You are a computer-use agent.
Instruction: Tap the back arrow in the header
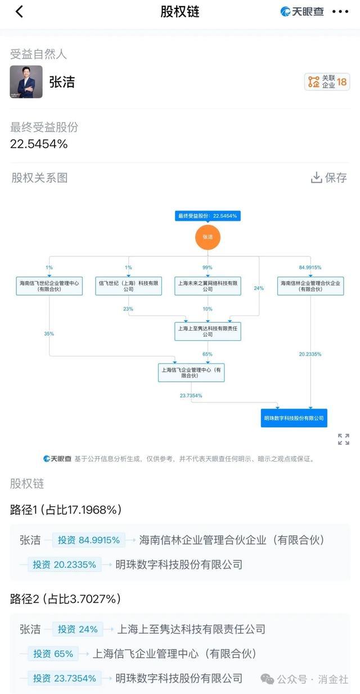(19, 12)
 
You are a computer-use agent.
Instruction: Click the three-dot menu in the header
(340, 12)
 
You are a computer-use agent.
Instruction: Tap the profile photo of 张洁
(26, 82)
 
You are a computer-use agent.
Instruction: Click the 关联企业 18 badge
(327, 82)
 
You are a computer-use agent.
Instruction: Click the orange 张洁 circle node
(208, 237)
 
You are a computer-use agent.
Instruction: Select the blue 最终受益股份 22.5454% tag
(208, 216)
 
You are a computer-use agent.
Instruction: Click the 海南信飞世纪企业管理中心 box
(49, 286)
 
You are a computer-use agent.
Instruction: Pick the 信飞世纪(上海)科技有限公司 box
(128, 286)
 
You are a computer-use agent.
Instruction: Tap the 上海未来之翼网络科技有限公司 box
(208, 286)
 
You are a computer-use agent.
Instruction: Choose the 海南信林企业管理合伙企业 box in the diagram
(310, 286)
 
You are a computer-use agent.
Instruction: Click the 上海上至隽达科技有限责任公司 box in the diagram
(208, 331)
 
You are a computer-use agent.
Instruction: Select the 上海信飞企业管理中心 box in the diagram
(191, 373)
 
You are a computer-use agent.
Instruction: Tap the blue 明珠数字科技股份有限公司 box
(294, 418)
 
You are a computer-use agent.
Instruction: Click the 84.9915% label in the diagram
(310, 268)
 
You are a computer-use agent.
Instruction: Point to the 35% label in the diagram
(49, 334)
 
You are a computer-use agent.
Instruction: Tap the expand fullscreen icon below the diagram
(344, 439)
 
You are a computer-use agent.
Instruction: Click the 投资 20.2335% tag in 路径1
(64, 564)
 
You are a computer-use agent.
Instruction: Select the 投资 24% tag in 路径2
(78, 629)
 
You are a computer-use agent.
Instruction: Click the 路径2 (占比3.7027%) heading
(65, 599)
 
